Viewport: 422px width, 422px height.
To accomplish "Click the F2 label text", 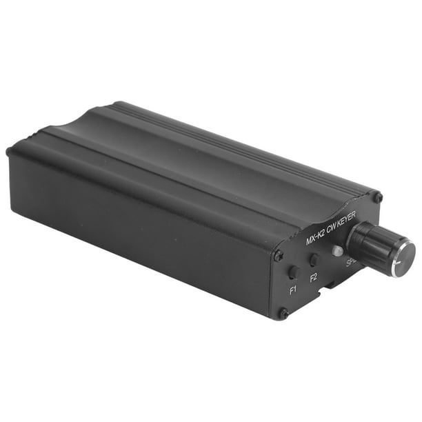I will [x=314, y=278].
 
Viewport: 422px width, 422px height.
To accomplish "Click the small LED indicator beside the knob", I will [x=337, y=251].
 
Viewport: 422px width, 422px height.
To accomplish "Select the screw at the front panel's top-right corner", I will [x=376, y=198].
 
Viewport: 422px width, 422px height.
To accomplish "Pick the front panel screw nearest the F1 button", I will [x=278, y=256].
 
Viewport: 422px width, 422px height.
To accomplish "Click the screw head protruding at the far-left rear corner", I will [x=9, y=151].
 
